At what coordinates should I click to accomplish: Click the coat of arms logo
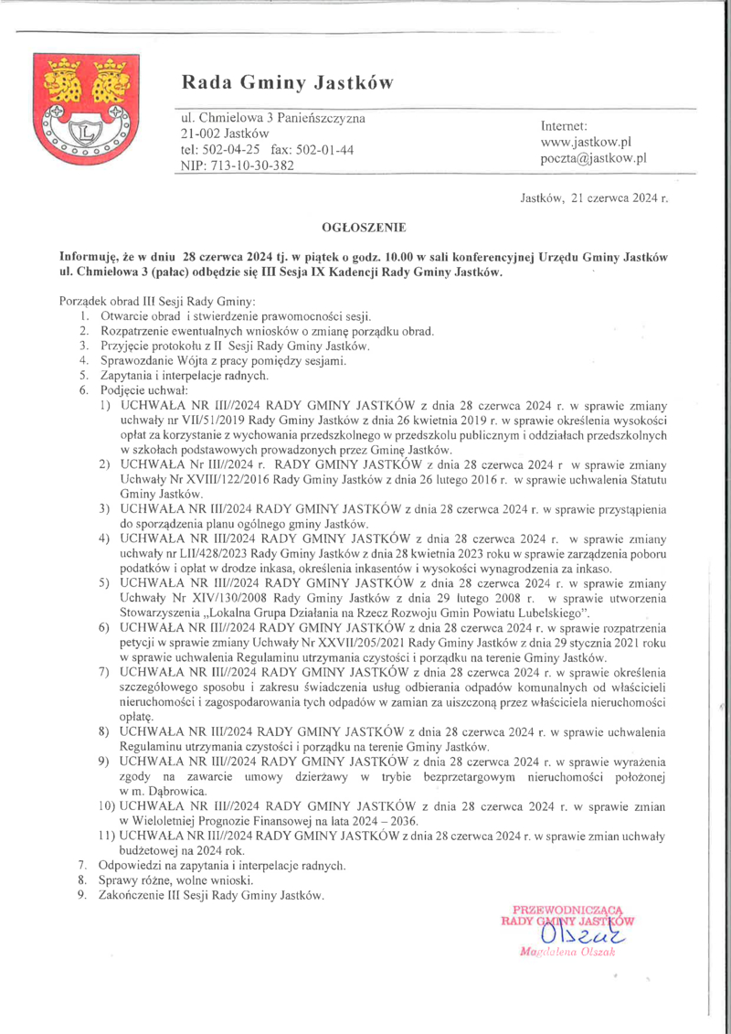pyautogui.click(x=79, y=104)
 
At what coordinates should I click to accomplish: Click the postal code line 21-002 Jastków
pyautogui.click(x=218, y=133)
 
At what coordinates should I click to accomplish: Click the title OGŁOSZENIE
pyautogui.click(x=364, y=225)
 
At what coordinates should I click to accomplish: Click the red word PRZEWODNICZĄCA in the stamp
pyautogui.click(x=568, y=909)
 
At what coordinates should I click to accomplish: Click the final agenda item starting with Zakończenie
pyautogui.click(x=211, y=894)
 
